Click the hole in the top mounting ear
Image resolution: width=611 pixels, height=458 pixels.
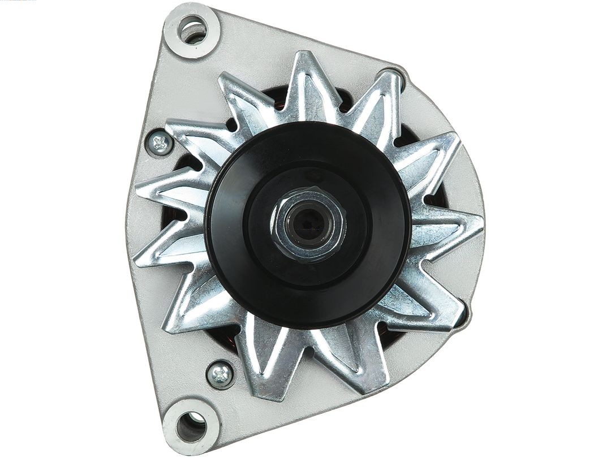192,29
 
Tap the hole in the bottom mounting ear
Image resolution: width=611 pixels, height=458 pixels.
191,425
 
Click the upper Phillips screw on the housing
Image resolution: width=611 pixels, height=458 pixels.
160,144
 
